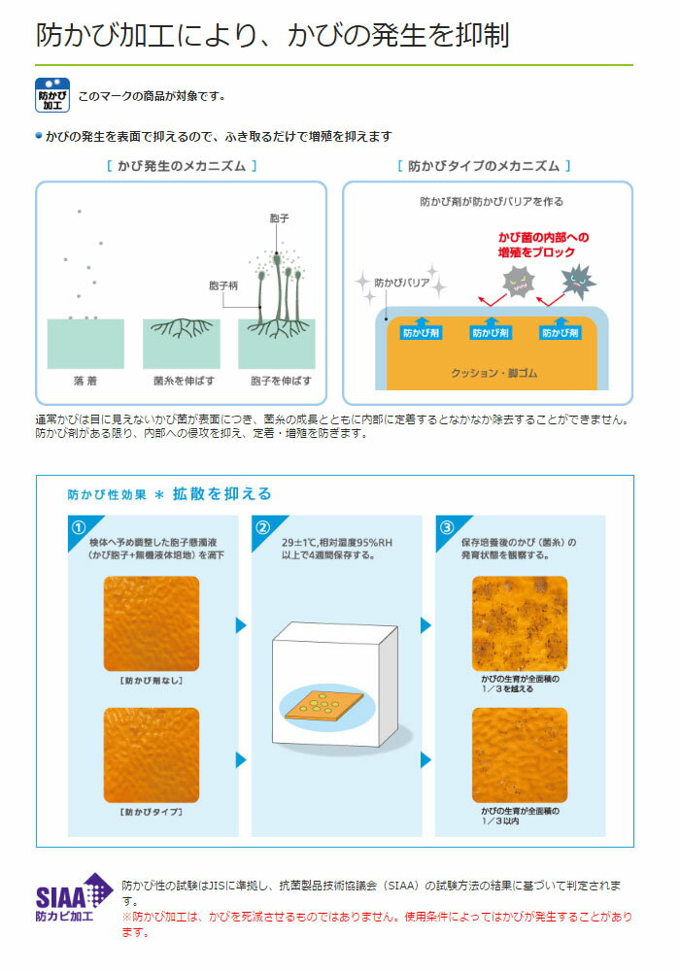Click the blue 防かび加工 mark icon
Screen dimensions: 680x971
[52, 95]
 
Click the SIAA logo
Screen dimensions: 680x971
[73, 898]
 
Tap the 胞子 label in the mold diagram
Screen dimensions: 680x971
[280, 218]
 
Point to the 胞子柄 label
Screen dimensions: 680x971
[223, 285]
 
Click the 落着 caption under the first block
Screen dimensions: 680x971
[85, 381]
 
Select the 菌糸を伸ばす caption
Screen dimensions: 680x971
[184, 381]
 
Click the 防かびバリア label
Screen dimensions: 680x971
[401, 283]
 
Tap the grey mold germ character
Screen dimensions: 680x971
[519, 283]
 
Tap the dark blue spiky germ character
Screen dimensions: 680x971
[578, 282]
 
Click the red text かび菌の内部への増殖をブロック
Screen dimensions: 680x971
[543, 245]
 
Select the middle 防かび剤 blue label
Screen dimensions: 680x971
[491, 332]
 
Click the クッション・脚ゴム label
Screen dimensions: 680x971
[493, 373]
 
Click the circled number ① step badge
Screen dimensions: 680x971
[79, 527]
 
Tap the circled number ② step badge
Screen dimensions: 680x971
[262, 527]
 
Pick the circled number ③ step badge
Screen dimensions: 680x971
[447, 527]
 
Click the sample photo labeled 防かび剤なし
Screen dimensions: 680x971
[152, 623]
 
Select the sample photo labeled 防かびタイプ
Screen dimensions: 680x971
[152, 754]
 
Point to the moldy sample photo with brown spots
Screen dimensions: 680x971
[520, 623]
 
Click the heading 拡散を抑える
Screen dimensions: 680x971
[221, 493]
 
